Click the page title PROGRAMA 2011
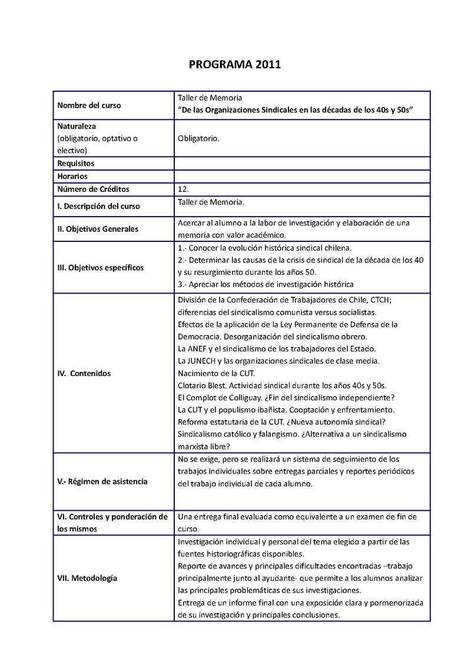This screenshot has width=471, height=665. tap(235, 65)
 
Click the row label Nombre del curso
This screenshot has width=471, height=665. tap(89, 105)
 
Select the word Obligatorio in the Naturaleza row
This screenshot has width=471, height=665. tap(198, 139)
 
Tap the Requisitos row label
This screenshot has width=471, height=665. tap(76, 163)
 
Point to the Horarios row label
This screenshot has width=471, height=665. tap(72, 176)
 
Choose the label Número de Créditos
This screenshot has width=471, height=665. tap(93, 189)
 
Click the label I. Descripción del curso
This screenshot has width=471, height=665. tap(98, 207)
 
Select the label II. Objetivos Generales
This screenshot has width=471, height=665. tap(98, 229)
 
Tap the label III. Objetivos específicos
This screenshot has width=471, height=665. tap(100, 267)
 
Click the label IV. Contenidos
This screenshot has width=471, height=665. tap(84, 373)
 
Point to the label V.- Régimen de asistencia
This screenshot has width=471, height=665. tap(102, 481)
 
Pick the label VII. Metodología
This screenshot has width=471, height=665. tap(87, 578)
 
